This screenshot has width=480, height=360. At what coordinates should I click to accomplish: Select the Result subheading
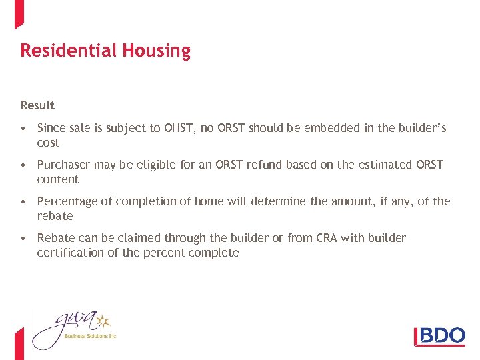coord(37,105)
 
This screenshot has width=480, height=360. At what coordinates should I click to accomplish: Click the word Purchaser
coord(63,165)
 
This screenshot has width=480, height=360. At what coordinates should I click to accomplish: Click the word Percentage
coord(67,201)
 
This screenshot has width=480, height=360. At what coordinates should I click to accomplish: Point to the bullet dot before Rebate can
coord(23,239)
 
